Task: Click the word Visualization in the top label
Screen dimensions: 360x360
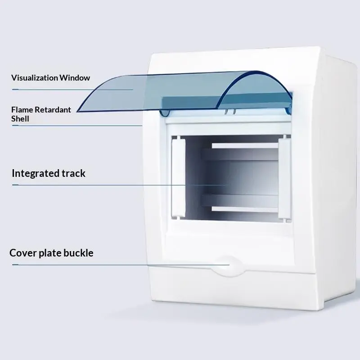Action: (35, 78)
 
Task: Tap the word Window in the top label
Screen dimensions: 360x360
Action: (75, 78)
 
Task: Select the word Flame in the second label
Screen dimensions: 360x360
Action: (22, 110)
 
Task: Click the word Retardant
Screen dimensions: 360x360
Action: (53, 110)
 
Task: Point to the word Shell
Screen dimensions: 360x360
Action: (20, 119)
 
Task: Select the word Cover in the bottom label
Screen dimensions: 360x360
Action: (23, 253)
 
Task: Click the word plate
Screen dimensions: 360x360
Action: (50, 253)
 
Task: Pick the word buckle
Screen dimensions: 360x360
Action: (78, 253)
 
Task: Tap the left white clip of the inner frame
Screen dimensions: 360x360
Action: (178, 177)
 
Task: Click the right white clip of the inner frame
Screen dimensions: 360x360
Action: (285, 178)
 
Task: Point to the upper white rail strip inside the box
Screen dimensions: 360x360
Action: (245, 146)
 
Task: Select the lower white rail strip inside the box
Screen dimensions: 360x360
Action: (245, 209)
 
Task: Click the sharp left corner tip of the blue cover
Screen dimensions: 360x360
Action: (77, 112)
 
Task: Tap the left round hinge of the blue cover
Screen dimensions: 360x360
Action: (165, 113)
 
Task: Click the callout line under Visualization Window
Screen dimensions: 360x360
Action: (72, 90)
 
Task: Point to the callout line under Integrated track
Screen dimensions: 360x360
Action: (119, 185)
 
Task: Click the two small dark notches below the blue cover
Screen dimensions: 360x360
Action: (230, 112)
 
